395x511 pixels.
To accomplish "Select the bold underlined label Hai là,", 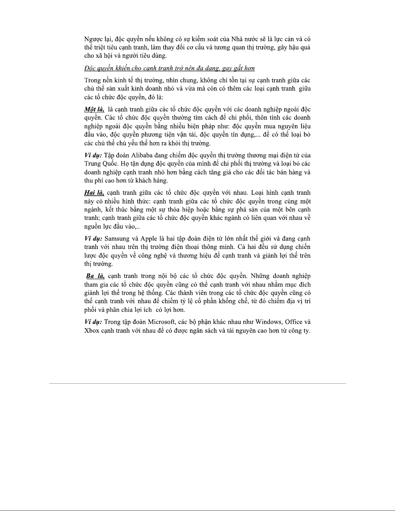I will [x=94, y=193].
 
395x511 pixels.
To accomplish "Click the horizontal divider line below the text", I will [x=197, y=383].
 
